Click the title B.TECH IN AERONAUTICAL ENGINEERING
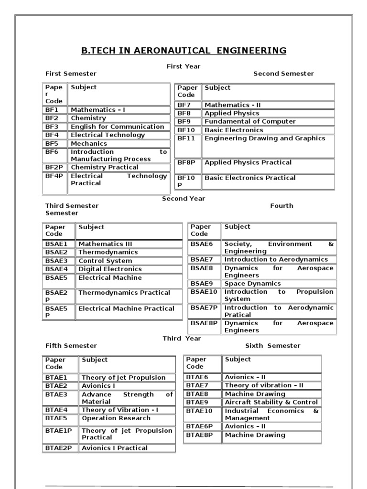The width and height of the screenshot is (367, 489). pos(183,51)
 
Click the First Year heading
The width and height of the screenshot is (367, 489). pos(183,66)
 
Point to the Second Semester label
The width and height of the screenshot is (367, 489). pos(283,74)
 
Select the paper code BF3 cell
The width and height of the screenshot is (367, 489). pos(52,127)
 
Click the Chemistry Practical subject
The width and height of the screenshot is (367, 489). pos(104,167)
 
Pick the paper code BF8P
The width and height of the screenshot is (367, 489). pos(186,162)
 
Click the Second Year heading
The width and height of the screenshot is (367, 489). pos(183,199)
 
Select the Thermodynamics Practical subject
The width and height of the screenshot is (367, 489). pos(124,293)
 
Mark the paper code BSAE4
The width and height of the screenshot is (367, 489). pos(56,269)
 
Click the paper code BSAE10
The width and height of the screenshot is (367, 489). pos(204,292)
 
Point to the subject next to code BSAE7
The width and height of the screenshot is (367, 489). pos(276,259)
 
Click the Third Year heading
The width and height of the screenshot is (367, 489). pos(182,339)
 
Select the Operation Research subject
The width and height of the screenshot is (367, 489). pos(116,418)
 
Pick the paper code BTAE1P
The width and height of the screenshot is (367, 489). pos(59,431)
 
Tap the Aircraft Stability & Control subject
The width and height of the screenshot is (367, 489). pos(271,402)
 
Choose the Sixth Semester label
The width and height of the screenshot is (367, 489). pos(273,346)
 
